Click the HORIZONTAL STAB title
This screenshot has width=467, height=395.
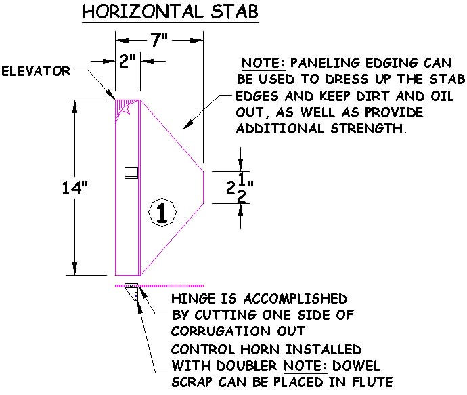(x=171, y=12)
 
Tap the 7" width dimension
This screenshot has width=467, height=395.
(x=159, y=40)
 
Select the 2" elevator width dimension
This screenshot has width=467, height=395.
(x=127, y=61)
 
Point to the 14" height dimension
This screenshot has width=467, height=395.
(x=74, y=188)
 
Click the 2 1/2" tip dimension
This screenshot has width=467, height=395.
(x=240, y=188)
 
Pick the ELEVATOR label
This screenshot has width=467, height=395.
(x=36, y=71)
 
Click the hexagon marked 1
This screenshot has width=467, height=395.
(x=162, y=212)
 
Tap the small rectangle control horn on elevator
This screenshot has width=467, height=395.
(x=131, y=173)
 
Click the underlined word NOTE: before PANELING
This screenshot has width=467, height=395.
(x=263, y=63)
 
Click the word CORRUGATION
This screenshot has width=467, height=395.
(x=221, y=331)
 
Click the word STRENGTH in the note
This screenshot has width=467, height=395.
(x=368, y=129)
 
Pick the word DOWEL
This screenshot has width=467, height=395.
(x=356, y=365)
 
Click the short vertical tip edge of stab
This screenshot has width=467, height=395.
(x=204, y=188)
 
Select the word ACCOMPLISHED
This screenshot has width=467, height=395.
(x=296, y=299)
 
